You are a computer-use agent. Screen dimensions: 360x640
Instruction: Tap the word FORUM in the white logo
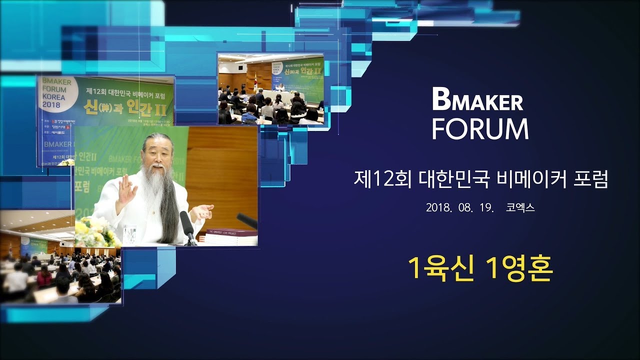click(480, 128)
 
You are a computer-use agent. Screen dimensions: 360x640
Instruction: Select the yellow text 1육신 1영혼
click(480, 269)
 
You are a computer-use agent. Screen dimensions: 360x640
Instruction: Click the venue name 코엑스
click(520, 207)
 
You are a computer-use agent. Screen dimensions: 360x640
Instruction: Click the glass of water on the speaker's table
click(129, 234)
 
